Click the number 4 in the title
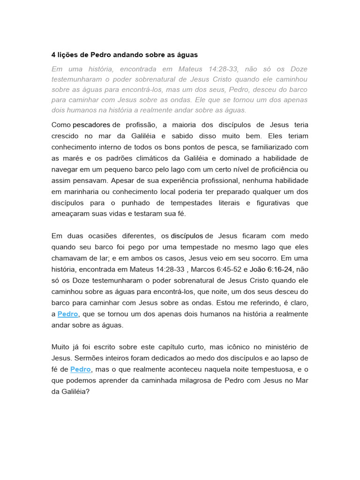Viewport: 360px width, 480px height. click(x=54, y=55)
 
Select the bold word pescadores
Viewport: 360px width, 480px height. click(x=91, y=125)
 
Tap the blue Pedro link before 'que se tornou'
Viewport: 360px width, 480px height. click(x=67, y=314)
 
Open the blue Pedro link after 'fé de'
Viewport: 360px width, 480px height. click(x=81, y=369)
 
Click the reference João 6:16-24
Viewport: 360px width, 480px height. click(x=271, y=269)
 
